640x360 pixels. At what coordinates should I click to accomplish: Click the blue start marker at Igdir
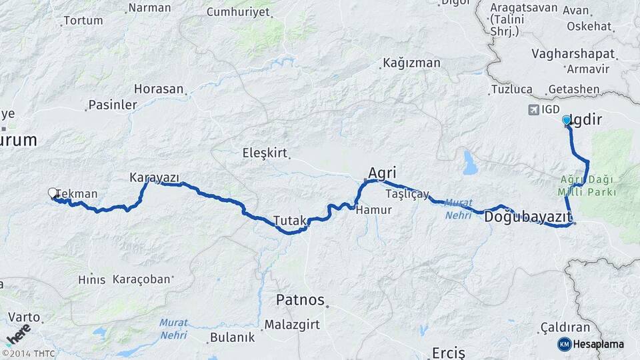pos(567,120)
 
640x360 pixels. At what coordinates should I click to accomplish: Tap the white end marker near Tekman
pos(53,193)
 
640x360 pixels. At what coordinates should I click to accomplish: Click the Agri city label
pos(382,173)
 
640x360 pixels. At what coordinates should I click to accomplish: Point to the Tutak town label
pos(289,221)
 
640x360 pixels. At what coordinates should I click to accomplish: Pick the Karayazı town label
pos(154,177)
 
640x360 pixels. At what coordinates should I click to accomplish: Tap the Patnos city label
pos(300,300)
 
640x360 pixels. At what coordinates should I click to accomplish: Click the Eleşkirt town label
pos(265,153)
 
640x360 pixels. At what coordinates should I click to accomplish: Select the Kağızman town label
pos(411,63)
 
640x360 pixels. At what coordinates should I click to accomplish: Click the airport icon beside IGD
pos(533,109)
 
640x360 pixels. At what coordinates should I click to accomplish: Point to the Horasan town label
pos(159,89)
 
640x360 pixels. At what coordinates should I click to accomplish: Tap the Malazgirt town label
pos(292,325)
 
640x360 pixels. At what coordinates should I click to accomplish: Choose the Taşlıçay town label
pos(407,194)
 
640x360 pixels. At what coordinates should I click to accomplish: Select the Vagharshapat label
pos(573,53)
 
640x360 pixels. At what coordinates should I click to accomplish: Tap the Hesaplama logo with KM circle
pos(591,344)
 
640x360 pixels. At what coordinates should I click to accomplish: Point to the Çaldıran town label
pos(565,327)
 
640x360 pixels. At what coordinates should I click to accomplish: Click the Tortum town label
pos(83,21)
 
